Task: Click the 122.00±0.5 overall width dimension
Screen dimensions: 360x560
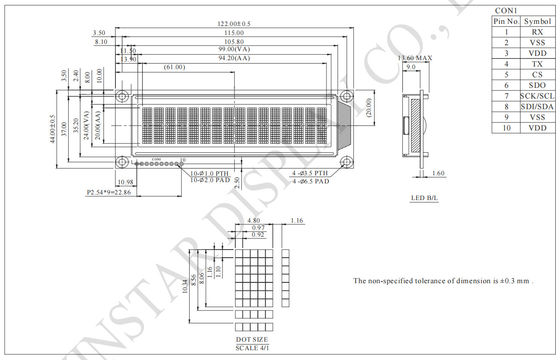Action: click(x=235, y=23)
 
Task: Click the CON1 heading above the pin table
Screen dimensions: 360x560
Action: click(x=505, y=8)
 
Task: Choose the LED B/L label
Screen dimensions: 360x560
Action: click(x=425, y=197)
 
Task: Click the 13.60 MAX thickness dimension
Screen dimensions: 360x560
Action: click(x=415, y=57)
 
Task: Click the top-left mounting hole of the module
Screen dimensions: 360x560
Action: click(x=121, y=97)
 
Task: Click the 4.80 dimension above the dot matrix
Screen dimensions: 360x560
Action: click(x=253, y=219)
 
